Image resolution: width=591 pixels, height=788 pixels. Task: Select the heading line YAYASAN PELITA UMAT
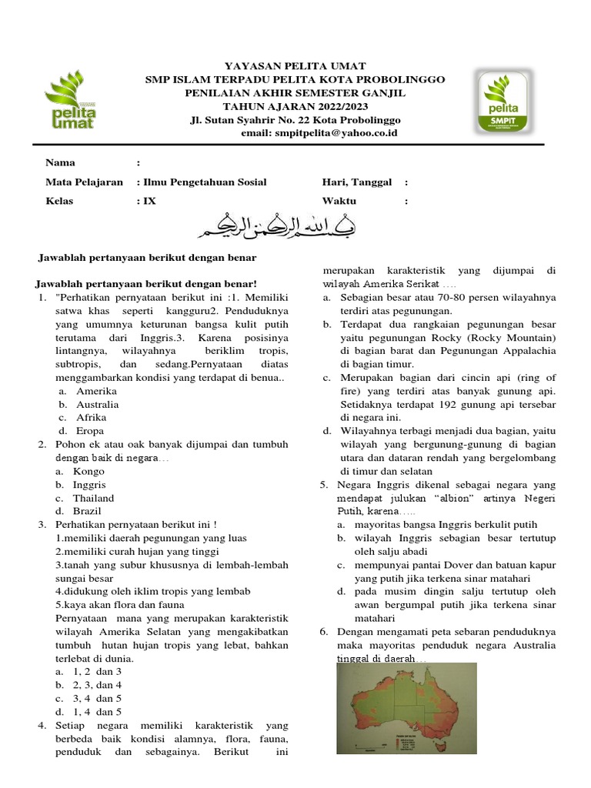click(x=295, y=66)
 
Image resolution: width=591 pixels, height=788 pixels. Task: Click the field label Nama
click(x=60, y=162)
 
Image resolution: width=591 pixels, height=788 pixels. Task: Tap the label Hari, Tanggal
click(x=357, y=182)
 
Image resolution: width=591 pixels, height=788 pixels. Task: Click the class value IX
click(x=149, y=201)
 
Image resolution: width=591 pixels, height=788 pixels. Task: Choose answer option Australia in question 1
click(x=97, y=404)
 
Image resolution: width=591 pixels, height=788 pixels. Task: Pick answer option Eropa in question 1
click(x=90, y=431)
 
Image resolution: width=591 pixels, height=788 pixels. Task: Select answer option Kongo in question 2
click(x=88, y=471)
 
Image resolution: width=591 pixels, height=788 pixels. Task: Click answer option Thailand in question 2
click(x=93, y=498)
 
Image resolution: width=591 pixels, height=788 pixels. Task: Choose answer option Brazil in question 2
click(x=87, y=511)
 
